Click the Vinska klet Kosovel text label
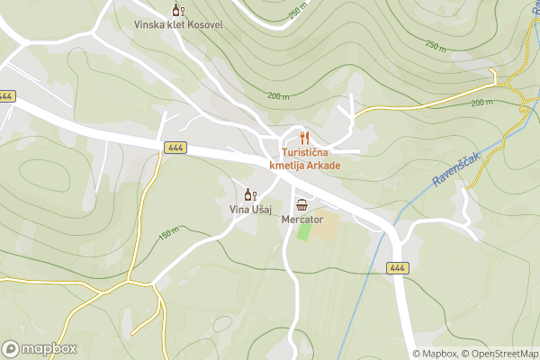pyautogui.click(x=178, y=24)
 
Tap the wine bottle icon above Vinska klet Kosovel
pyautogui.click(x=178, y=11)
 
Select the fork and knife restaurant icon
pyautogui.click(x=304, y=138)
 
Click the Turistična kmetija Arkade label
pyautogui.click(x=304, y=159)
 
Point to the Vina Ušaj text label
pyautogui.click(x=250, y=210)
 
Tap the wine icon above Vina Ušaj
pyautogui.click(x=250, y=194)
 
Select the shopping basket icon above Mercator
pyautogui.click(x=301, y=205)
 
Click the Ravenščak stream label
pyautogui.click(x=454, y=169)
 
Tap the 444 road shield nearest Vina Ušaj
pyautogui.click(x=175, y=147)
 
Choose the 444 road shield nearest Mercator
pyautogui.click(x=397, y=268)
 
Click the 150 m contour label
pyautogui.click(x=166, y=235)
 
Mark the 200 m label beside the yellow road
pyautogui.click(x=482, y=102)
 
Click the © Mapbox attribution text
pyautogui.click(x=435, y=354)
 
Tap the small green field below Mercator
pyautogui.click(x=304, y=230)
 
